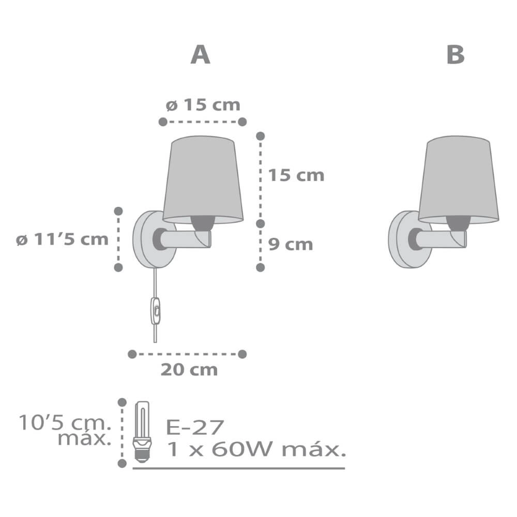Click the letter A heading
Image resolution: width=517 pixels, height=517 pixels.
tap(201, 55)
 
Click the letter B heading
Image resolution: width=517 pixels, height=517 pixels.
tap(455, 55)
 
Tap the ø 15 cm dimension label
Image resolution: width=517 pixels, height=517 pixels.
tap(203, 105)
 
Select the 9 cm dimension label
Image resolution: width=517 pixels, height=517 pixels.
tap(291, 245)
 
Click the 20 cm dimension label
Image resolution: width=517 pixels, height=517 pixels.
tap(189, 370)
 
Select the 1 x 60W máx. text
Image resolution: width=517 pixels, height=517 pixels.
tap(256, 449)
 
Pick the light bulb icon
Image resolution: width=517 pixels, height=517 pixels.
tap(142, 432)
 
